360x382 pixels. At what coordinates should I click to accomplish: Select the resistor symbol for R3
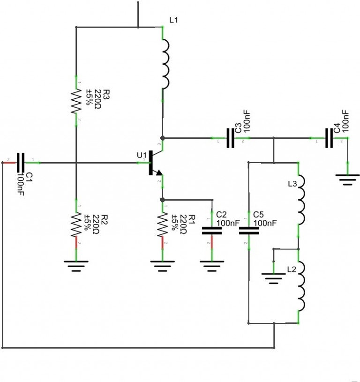(x=75, y=101)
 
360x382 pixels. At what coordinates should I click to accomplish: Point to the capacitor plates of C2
(x=211, y=230)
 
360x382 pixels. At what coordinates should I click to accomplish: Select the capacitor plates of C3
(x=230, y=138)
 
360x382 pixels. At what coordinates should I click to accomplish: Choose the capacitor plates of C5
(x=248, y=230)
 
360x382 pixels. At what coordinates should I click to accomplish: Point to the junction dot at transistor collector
(x=162, y=138)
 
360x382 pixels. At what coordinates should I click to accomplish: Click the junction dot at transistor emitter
(x=162, y=200)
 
